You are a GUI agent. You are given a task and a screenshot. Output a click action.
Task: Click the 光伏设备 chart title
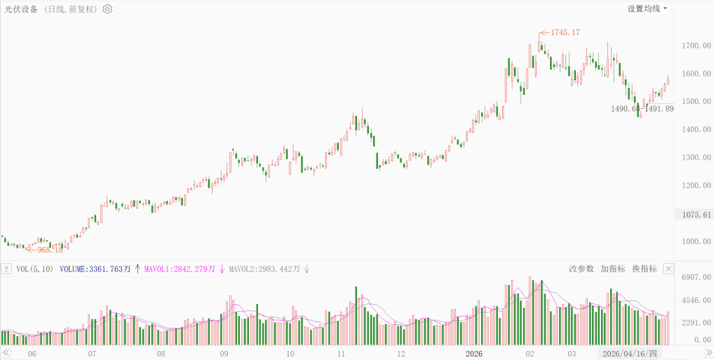[22, 9]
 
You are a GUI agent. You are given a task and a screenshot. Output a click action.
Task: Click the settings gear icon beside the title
[107, 9]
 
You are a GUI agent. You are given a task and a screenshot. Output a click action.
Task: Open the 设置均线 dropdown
[647, 9]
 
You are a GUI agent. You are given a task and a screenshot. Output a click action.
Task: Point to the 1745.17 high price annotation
[565, 33]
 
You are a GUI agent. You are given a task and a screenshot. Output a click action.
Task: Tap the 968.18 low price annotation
[50, 249]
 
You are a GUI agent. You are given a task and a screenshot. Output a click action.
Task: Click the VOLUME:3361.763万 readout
[96, 269]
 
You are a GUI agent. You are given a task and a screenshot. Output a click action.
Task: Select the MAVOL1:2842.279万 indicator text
[181, 269]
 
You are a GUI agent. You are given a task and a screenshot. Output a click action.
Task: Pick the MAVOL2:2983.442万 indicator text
[264, 269]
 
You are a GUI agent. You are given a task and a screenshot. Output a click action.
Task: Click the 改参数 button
[581, 269]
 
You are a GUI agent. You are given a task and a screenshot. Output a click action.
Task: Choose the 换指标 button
[644, 269]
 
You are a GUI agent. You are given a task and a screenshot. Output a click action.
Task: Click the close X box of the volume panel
[668, 269]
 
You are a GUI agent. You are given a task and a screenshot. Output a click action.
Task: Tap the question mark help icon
[6, 269]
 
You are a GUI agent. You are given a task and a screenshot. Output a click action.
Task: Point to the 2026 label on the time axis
[474, 354]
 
